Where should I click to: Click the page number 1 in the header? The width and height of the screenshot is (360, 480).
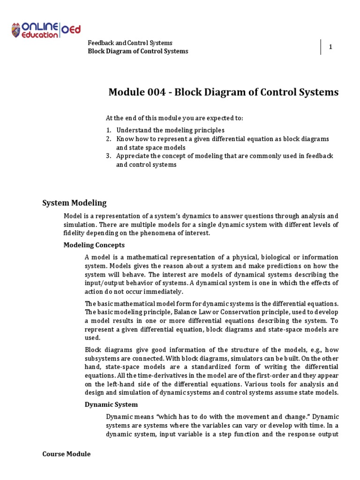330,47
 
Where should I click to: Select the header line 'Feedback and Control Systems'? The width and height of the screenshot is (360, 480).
130,43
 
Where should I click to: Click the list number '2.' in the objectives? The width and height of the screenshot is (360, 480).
107,139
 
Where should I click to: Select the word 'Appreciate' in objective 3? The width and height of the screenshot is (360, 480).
133,156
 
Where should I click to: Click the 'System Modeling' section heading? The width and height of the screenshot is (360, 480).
75,203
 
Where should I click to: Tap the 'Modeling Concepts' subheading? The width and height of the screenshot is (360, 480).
94,245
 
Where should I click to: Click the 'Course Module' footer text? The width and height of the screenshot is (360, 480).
66,454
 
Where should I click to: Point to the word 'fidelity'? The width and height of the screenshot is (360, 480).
75,233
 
